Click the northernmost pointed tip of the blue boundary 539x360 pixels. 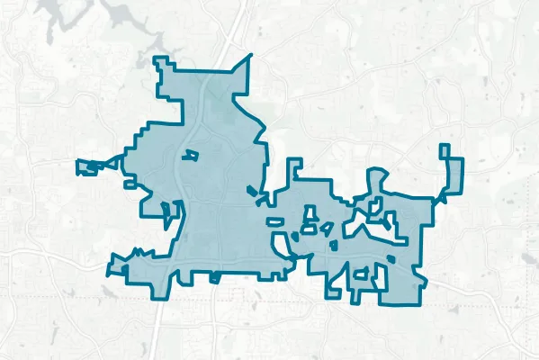click(x=251, y=56)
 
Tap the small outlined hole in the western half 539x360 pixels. click(x=189, y=156)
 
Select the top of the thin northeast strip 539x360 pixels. click(x=444, y=147)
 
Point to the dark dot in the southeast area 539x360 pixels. click(x=391, y=259)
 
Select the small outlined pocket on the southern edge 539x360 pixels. click(x=214, y=277)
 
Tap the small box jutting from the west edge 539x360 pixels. click(x=130, y=184)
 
